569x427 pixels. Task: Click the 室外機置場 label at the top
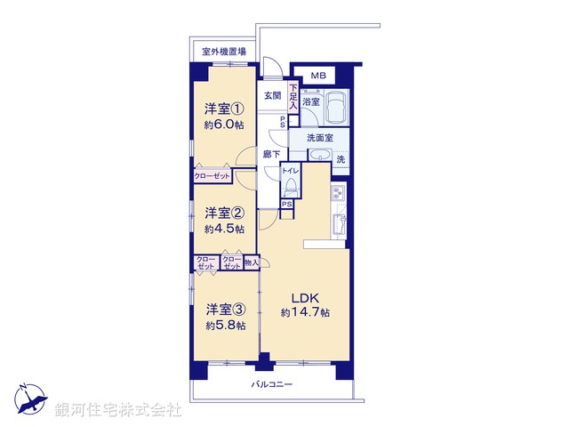point(224,52)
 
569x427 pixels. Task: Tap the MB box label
point(318,76)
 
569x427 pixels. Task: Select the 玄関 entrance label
point(272,96)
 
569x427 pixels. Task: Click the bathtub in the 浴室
point(336,109)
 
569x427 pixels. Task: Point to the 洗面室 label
point(319,139)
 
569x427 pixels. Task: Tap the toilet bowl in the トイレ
point(291,188)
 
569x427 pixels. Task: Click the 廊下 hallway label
point(272,154)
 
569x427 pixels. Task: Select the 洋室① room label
point(224,109)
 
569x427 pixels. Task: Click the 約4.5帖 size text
point(224,229)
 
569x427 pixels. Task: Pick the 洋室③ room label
point(224,310)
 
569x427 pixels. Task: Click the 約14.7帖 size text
point(305,313)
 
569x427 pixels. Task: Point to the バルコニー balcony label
point(271,384)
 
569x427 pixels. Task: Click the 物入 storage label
point(252,262)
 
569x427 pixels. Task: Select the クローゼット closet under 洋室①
point(212,177)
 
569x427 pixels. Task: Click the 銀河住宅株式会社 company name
point(118,410)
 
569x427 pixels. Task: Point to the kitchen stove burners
point(338,194)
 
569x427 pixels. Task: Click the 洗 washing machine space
point(341,160)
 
